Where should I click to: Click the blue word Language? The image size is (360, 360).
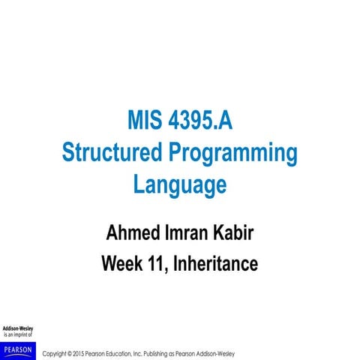[x=180, y=184]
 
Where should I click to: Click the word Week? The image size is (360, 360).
[x=123, y=264]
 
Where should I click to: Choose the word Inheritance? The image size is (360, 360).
[x=217, y=264]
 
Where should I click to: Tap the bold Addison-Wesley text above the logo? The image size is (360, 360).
[x=18, y=328]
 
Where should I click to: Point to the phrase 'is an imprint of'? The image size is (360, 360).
[x=18, y=335]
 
